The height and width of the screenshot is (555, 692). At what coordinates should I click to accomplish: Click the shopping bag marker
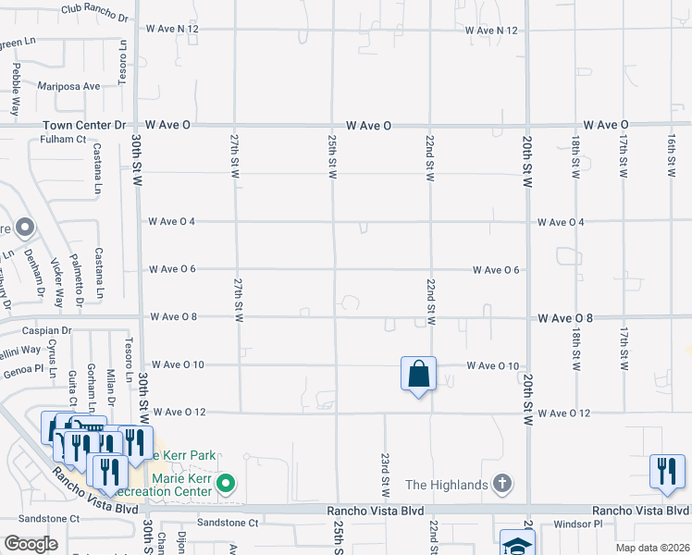[x=418, y=375]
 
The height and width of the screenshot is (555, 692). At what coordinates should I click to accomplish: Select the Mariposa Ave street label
[x=68, y=86]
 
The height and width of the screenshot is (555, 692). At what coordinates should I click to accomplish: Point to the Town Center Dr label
[x=81, y=125]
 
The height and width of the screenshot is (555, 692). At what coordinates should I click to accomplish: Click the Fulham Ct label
[x=63, y=140]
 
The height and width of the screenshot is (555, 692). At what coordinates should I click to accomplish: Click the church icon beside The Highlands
[x=501, y=484]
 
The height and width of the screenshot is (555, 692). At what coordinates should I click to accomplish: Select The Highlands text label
[x=446, y=485]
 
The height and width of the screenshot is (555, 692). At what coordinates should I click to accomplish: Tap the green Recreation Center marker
[x=224, y=484]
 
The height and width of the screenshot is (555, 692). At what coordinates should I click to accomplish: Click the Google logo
[x=31, y=544]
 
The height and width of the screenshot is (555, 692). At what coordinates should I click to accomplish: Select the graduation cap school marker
[x=516, y=543]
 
